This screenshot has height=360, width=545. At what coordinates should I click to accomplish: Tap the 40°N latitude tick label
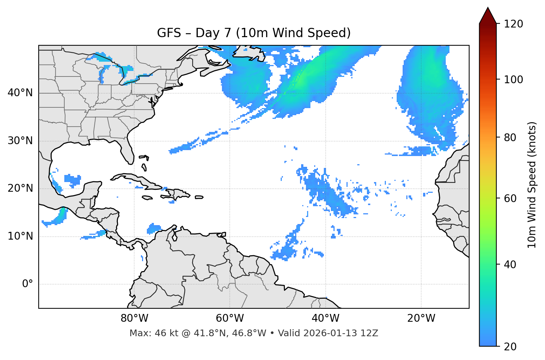[x=20, y=93]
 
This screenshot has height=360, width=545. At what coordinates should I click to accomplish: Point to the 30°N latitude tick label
[x=20, y=141]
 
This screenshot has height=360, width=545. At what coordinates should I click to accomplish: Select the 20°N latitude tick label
[x=20, y=188]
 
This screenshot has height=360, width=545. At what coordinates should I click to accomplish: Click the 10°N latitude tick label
[x=20, y=236]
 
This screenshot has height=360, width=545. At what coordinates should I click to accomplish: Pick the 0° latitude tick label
[x=28, y=284]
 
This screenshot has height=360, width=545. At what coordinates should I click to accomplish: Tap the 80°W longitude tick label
[x=134, y=318]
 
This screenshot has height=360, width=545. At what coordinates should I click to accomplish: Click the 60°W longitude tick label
[x=230, y=318]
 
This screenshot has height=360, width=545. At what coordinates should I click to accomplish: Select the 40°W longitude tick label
[x=325, y=318]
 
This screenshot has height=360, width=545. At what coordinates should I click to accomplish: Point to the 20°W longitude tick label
[x=421, y=318]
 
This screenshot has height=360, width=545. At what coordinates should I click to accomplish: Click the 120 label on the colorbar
[x=513, y=24]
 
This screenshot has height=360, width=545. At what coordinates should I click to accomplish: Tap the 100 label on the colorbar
[x=513, y=80]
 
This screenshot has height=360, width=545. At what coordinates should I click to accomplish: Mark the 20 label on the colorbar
[x=511, y=347]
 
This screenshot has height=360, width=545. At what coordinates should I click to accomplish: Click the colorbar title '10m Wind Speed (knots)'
[x=532, y=185]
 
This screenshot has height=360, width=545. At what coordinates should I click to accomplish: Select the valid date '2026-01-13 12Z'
[x=341, y=333]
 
